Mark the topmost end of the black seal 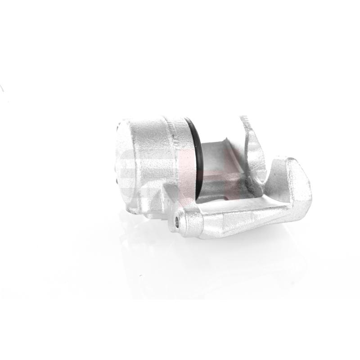[x=187, y=119]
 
